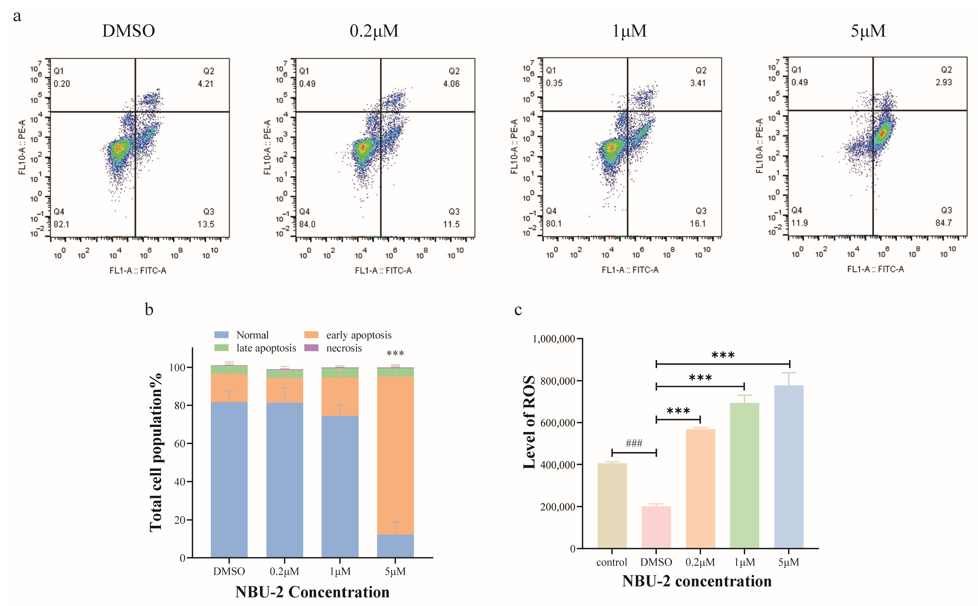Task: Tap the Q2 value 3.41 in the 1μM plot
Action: [x=698, y=83]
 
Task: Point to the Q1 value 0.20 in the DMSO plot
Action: [x=62, y=84]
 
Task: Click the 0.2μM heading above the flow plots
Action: [x=374, y=31]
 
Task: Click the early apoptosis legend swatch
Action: [x=311, y=335]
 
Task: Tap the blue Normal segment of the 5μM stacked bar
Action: [x=395, y=546]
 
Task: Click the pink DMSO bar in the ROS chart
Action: [x=656, y=527]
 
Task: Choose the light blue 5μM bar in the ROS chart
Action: [x=789, y=467]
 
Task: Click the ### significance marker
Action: [x=634, y=443]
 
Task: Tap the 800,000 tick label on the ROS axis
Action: [x=558, y=381]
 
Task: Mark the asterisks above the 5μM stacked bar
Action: [x=395, y=353]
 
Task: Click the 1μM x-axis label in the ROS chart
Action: [x=744, y=562]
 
